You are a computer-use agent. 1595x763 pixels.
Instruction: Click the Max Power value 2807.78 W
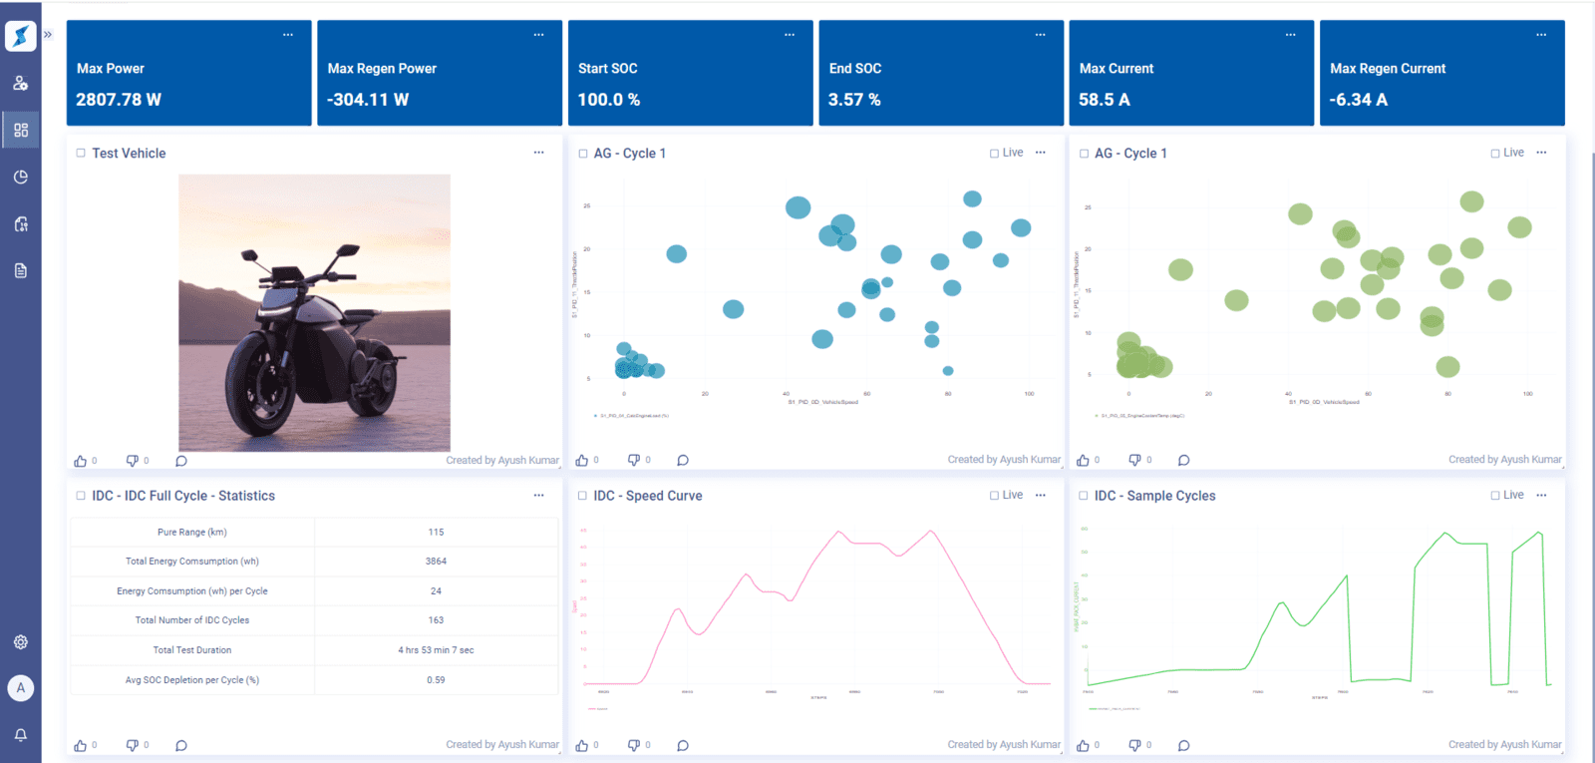(x=118, y=100)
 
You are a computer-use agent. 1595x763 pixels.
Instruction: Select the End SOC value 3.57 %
(x=854, y=100)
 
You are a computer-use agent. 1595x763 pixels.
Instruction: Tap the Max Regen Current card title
(x=1387, y=69)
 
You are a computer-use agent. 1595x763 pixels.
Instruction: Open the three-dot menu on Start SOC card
(x=789, y=35)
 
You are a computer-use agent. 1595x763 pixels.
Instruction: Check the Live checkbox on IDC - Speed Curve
(x=994, y=496)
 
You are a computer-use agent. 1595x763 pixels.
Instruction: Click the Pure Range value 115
(x=436, y=533)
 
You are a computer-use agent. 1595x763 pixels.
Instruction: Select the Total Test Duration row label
(x=192, y=650)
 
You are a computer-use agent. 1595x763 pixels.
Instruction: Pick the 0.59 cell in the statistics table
(x=436, y=680)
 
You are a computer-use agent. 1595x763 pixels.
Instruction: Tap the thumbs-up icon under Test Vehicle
(x=81, y=461)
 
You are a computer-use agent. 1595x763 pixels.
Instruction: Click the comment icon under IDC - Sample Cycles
(x=1183, y=746)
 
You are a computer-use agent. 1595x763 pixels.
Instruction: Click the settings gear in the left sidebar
(x=21, y=642)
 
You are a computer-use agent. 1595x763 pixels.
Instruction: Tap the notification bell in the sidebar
(x=21, y=735)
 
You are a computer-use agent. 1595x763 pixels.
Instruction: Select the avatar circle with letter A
(x=21, y=688)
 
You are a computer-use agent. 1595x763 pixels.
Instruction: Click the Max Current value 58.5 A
(x=1104, y=100)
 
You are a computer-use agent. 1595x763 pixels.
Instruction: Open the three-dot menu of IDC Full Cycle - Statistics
(x=538, y=496)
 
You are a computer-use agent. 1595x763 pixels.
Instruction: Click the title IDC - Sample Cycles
(x=1154, y=496)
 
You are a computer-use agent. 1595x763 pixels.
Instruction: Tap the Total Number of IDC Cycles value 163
(x=436, y=620)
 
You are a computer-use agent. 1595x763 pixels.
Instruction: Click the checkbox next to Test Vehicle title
(x=81, y=154)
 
